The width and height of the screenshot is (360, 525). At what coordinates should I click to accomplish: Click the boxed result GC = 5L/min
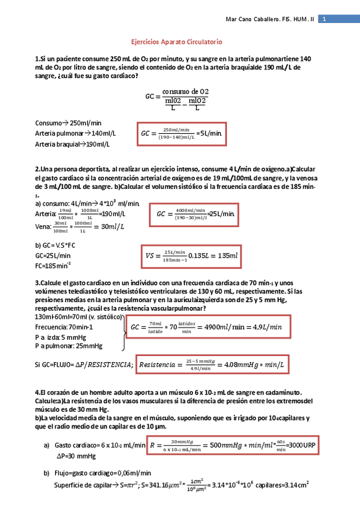coord(185,132)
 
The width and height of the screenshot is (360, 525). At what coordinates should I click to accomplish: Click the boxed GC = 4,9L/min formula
coord(207,326)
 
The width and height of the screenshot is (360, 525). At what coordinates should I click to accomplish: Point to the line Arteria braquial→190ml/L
coord(72,144)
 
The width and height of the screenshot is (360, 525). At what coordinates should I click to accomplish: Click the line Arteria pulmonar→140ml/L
coord(75,133)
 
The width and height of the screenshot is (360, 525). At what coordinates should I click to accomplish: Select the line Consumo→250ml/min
coord(68,122)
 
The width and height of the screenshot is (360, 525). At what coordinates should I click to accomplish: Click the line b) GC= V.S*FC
coord(55,245)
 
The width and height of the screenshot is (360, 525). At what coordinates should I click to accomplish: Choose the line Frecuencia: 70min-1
coord(64,326)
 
